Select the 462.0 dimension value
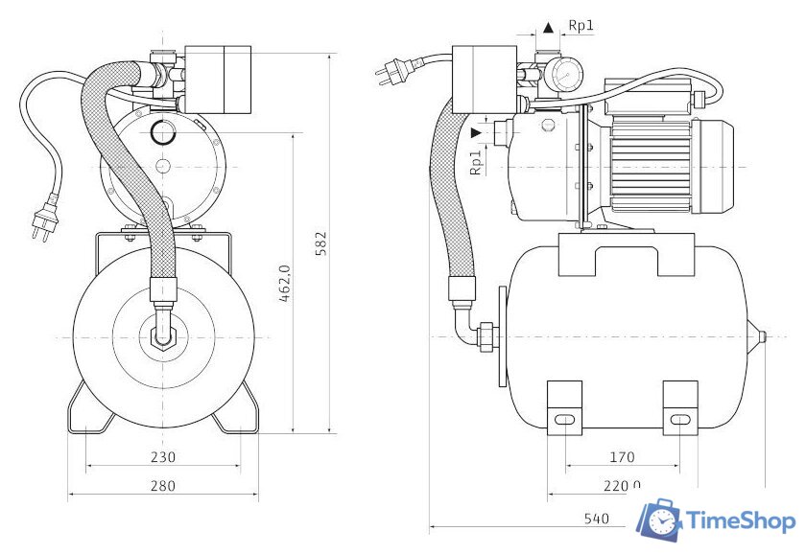pyautogui.click(x=285, y=284)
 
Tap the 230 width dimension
pyautogui.click(x=162, y=457)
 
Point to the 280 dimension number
pyautogui.click(x=162, y=486)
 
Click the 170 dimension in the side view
pyautogui.click(x=622, y=457)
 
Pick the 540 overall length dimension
pyautogui.click(x=597, y=519)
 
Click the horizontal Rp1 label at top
pyautogui.click(x=581, y=26)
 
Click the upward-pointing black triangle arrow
pyautogui.click(x=548, y=27)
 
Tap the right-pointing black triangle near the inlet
pyautogui.click(x=477, y=132)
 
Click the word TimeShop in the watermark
pyautogui.click(x=741, y=521)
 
